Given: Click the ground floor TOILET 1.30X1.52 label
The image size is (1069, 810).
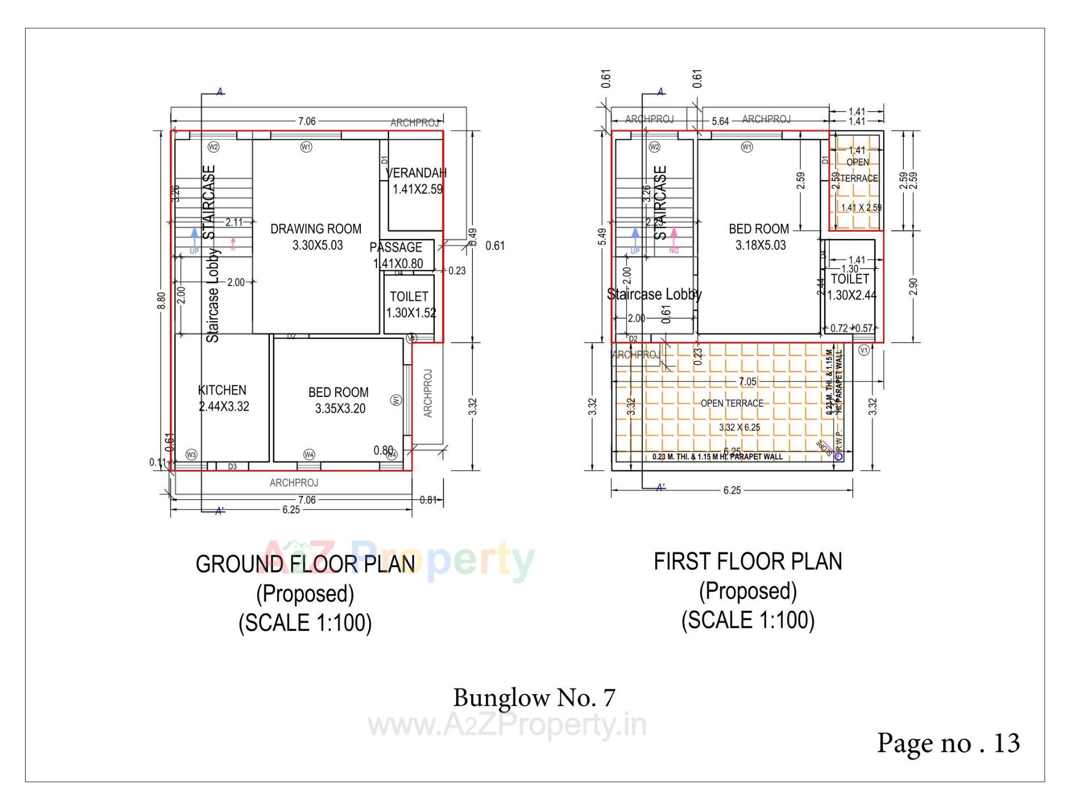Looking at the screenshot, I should click(x=410, y=305).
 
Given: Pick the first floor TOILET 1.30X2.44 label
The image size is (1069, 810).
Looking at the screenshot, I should click(x=850, y=287).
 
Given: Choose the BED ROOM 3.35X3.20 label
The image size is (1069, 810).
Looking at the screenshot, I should click(x=339, y=400).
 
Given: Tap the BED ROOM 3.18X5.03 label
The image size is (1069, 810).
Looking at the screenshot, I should click(x=759, y=237).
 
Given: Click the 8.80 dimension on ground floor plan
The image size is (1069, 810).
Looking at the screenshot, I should click(x=161, y=301).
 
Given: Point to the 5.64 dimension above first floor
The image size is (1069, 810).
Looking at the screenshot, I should click(x=720, y=121).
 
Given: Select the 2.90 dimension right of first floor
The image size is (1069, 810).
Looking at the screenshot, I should click(x=913, y=287).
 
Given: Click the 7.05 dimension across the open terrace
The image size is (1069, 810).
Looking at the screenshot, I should click(x=747, y=381).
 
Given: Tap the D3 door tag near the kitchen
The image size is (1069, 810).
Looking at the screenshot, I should click(x=232, y=467).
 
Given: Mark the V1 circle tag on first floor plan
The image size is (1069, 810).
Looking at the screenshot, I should click(x=864, y=350).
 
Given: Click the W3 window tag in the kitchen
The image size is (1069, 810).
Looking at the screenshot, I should click(x=191, y=454).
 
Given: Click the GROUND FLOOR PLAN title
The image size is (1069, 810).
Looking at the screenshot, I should click(x=305, y=564).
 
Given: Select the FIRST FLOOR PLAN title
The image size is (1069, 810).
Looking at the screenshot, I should click(x=748, y=561).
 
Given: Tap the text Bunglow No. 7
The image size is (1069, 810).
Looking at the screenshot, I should click(x=534, y=698).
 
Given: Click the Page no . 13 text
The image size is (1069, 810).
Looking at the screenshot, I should click(x=948, y=743).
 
